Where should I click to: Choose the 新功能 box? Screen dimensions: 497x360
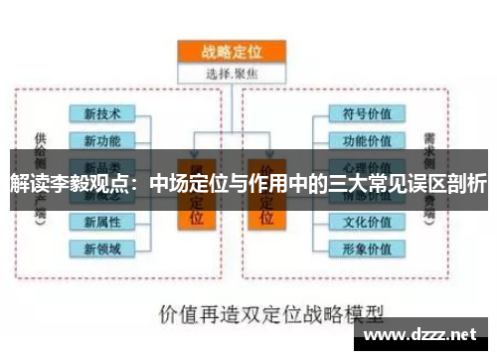102,139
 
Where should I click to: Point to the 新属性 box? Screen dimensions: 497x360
102,221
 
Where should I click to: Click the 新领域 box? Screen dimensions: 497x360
102,248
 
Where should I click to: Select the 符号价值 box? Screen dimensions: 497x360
366,113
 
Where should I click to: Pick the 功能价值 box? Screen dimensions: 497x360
366,140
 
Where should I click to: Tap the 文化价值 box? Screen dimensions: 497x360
366,221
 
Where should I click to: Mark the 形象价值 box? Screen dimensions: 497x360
366,248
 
